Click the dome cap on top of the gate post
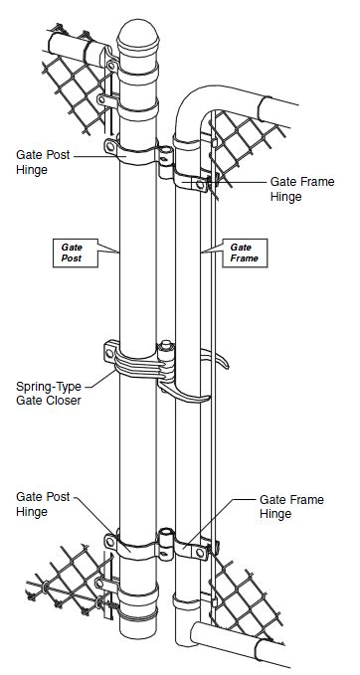(x=138, y=39)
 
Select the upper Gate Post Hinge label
(x=43, y=163)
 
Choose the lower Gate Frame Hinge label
(x=289, y=506)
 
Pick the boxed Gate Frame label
(x=243, y=252)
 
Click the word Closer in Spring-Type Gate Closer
(x=64, y=401)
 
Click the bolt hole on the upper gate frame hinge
(x=203, y=184)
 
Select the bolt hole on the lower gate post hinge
(x=109, y=541)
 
